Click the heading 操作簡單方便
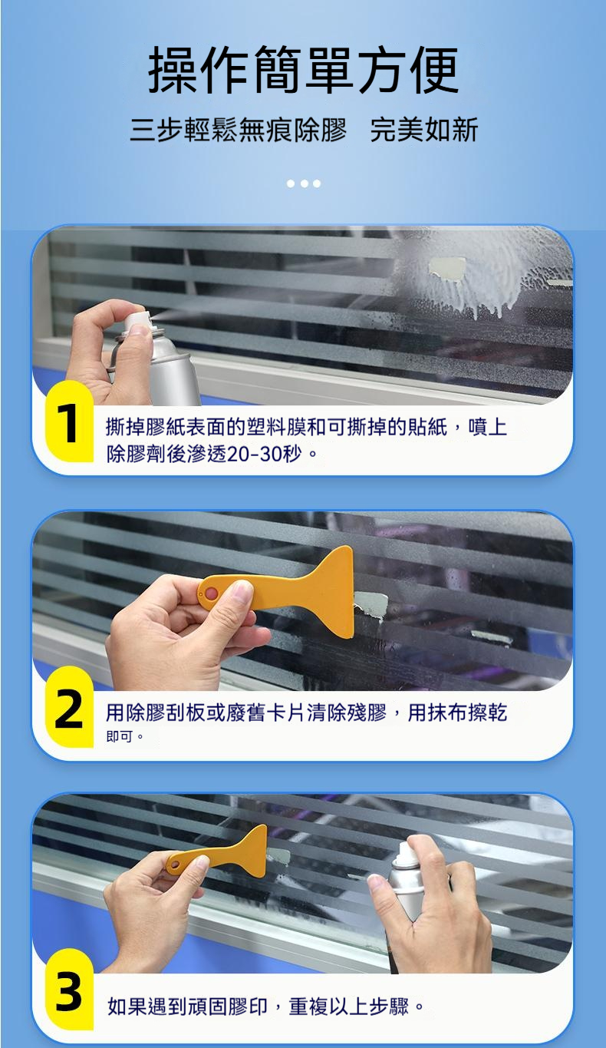[304, 70]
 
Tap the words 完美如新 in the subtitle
[424, 130]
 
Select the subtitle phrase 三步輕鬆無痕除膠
[238, 130]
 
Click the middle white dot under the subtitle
[304, 183]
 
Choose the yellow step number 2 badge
[70, 707]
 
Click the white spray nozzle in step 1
[138, 319]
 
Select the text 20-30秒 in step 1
[264, 454]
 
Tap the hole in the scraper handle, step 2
[212, 593]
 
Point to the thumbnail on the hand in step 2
[242, 591]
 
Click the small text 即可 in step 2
[120, 736]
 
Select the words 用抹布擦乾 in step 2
[457, 712]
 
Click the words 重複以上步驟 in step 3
[349, 1006]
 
